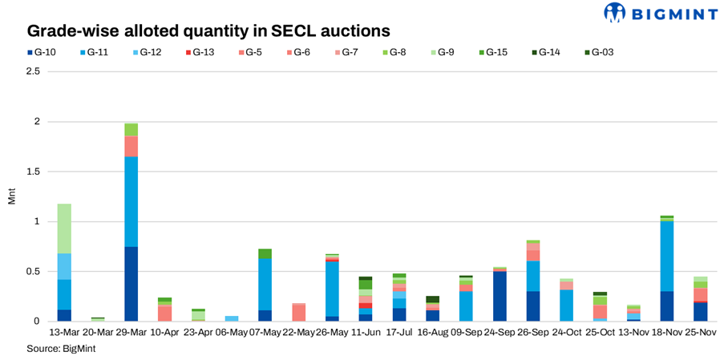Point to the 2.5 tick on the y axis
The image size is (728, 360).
click(x=32, y=71)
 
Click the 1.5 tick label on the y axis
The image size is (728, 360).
click(x=32, y=172)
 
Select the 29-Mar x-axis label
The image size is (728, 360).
click(x=131, y=331)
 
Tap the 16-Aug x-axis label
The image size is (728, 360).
click(x=432, y=331)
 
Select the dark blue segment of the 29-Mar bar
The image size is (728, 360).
click(x=131, y=284)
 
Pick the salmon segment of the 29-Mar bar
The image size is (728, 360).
click(x=131, y=146)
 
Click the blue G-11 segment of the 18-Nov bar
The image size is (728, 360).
click(x=667, y=256)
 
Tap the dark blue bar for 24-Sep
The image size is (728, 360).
click(x=499, y=296)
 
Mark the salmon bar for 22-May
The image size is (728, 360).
click(x=298, y=312)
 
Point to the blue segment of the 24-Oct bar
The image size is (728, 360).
click(x=567, y=305)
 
